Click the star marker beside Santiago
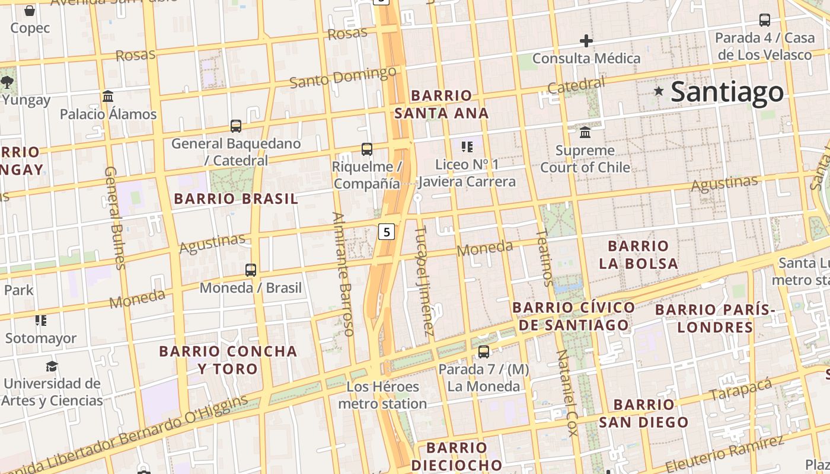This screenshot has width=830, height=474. (x=659, y=91)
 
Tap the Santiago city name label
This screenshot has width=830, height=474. (x=727, y=92)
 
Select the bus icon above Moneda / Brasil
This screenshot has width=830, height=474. (x=251, y=270)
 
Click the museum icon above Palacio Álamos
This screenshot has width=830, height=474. (x=108, y=96)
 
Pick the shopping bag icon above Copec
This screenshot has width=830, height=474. (x=30, y=11)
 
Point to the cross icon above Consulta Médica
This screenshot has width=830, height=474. (x=586, y=41)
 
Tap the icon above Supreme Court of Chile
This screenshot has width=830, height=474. (x=585, y=132)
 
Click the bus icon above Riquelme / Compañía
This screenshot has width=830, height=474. (x=367, y=149)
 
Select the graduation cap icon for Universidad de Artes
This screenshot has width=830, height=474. (x=52, y=366)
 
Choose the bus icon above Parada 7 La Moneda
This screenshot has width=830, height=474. (x=484, y=352)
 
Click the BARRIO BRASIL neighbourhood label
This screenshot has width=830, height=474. (x=236, y=199)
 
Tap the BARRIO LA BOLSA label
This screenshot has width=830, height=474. (x=638, y=255)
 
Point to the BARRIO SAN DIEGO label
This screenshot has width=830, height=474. (x=644, y=414)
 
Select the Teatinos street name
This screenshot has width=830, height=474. (x=544, y=258)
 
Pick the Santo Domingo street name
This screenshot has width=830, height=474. (x=343, y=77)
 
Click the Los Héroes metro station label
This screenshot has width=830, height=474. (x=383, y=395)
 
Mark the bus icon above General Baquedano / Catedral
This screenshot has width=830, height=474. (x=236, y=126)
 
